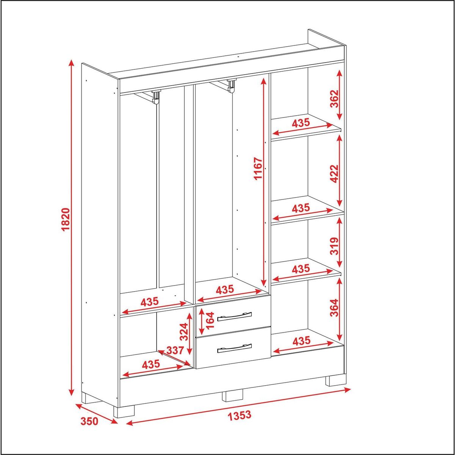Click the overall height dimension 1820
(67, 220)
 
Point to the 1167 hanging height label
(258, 169)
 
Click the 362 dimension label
(334, 99)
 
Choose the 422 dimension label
(334, 174)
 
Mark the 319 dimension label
(334, 246)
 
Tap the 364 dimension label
(334, 308)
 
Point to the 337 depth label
(175, 350)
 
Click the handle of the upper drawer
(234, 317)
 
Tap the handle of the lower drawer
(234, 348)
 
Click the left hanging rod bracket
(156, 97)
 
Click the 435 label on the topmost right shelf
(301, 123)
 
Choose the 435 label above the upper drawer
(225, 289)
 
